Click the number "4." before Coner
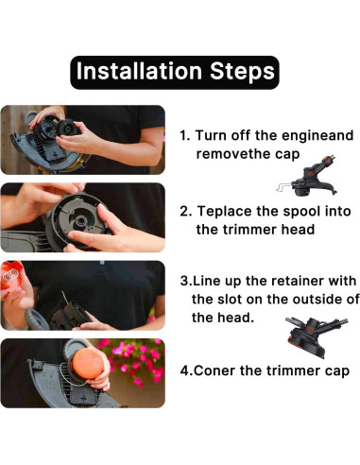(x=186, y=370)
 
